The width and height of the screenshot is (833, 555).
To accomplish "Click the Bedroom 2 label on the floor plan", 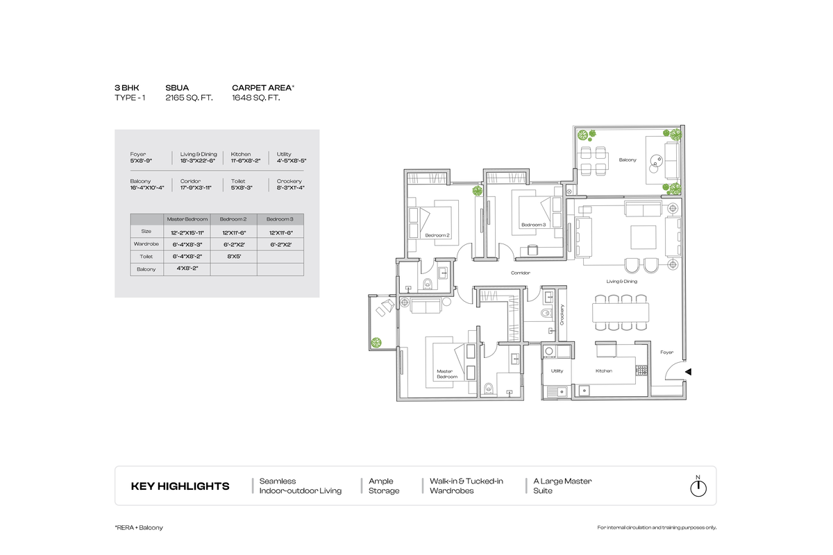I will pyautogui.click(x=437, y=235).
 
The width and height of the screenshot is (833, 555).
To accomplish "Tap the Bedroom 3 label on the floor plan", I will pyautogui.click(x=534, y=225).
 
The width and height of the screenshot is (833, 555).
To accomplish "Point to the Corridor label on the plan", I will pyautogui.click(x=521, y=273).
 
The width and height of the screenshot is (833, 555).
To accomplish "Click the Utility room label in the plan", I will pyautogui.click(x=557, y=371).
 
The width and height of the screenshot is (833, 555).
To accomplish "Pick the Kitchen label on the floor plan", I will pyautogui.click(x=603, y=371).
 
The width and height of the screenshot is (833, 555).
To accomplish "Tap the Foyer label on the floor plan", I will pyautogui.click(x=666, y=352).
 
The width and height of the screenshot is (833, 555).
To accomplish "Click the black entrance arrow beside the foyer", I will pyautogui.click(x=688, y=373).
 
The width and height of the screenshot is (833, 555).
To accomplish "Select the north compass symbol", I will pyautogui.click(x=698, y=488).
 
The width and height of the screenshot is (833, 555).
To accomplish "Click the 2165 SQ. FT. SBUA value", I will pyautogui.click(x=189, y=99).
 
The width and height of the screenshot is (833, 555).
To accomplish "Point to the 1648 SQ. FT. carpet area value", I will pyautogui.click(x=255, y=99).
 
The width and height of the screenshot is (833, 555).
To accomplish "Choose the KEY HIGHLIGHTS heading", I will pyautogui.click(x=180, y=486).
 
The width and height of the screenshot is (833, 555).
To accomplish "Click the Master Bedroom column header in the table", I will pyautogui.click(x=187, y=219).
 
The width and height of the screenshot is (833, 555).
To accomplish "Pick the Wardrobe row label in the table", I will pyautogui.click(x=146, y=244).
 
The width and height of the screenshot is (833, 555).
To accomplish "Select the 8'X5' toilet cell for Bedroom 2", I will pyautogui.click(x=233, y=257).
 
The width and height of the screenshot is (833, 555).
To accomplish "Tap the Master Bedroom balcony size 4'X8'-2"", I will pyautogui.click(x=187, y=268).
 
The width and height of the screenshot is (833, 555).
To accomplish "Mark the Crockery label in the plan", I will pyautogui.click(x=562, y=316).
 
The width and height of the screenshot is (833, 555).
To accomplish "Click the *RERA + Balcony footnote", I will pyautogui.click(x=139, y=528).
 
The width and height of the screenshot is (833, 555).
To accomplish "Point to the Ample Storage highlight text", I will pyautogui.click(x=384, y=486).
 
